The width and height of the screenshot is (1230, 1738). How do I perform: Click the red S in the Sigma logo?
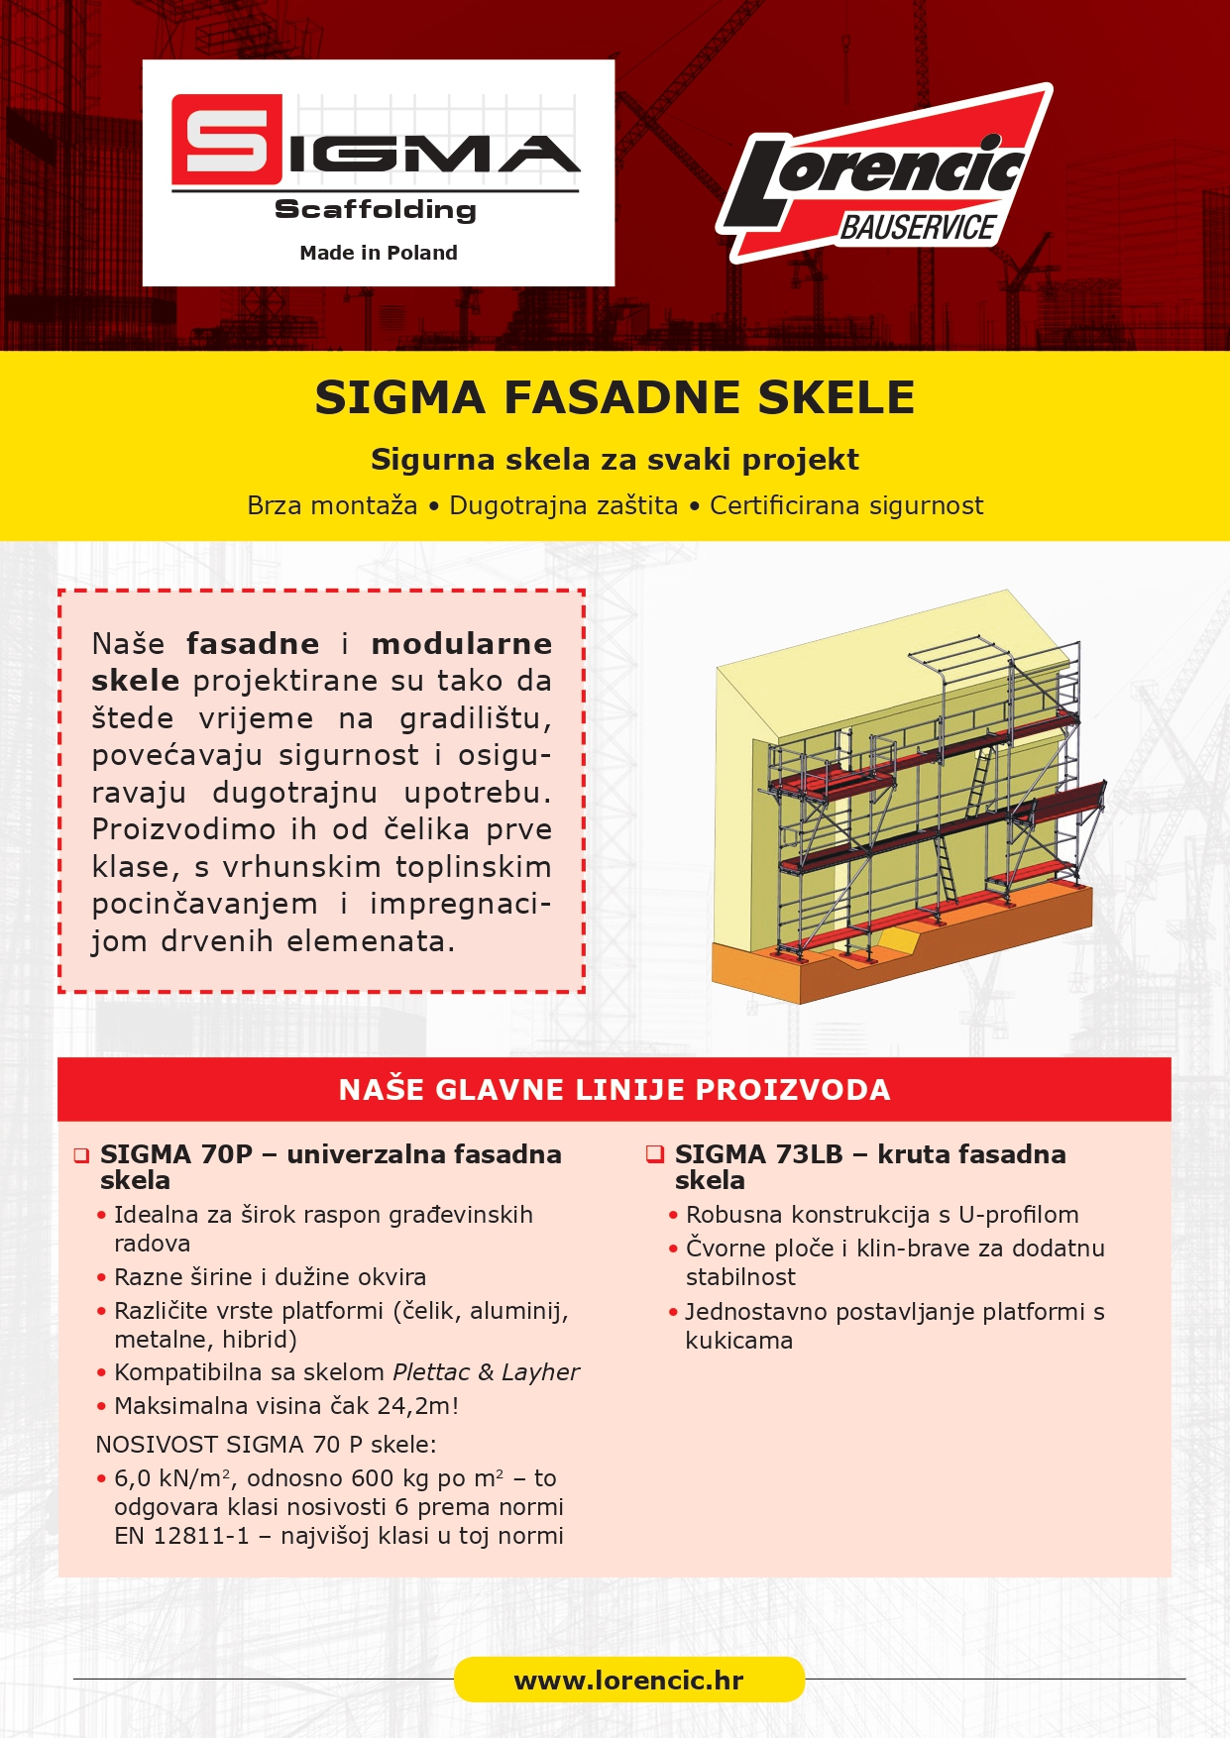[226, 139]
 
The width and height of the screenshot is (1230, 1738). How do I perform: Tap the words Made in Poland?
[379, 253]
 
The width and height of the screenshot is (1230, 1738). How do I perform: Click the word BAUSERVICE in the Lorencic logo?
[917, 228]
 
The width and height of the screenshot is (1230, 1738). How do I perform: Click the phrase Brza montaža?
[332, 506]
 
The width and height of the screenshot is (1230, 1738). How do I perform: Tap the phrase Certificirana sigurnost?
[846, 506]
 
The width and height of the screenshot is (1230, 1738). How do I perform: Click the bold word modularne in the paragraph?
[462, 644]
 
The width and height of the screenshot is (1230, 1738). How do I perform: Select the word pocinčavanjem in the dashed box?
[205, 905]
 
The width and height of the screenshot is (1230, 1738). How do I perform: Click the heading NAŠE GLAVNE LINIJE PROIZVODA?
[615, 1090]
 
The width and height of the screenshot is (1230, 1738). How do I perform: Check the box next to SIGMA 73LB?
[654, 1154]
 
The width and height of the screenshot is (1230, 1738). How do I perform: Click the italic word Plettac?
[431, 1372]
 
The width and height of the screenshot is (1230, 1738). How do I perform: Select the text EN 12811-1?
[181, 1536]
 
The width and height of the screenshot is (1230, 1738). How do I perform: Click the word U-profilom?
[1018, 1215]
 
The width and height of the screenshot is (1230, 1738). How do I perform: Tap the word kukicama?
[738, 1341]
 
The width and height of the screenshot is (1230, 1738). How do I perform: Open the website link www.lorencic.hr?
[628, 1681]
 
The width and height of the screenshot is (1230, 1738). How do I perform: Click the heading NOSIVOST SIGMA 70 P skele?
[266, 1445]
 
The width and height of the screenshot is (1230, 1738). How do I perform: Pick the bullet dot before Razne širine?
[101, 1278]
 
